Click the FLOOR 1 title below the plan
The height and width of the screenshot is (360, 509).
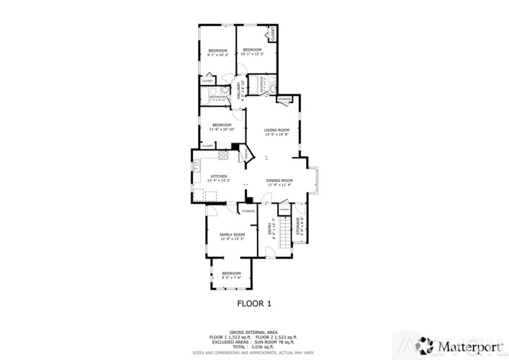point(254,303)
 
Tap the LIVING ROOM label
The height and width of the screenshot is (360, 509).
point(276,130)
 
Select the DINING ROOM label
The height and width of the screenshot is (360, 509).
point(279,180)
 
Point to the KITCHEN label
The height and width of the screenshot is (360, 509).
point(219,176)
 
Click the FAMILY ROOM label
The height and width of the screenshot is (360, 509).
point(233,235)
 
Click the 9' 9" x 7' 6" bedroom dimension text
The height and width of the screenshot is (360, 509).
point(231,277)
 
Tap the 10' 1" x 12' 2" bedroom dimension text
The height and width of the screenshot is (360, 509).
point(252,54)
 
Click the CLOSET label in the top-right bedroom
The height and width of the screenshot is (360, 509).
point(273,34)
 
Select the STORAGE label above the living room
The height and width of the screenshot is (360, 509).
point(284,98)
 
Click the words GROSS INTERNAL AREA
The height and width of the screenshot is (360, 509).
point(254,332)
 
